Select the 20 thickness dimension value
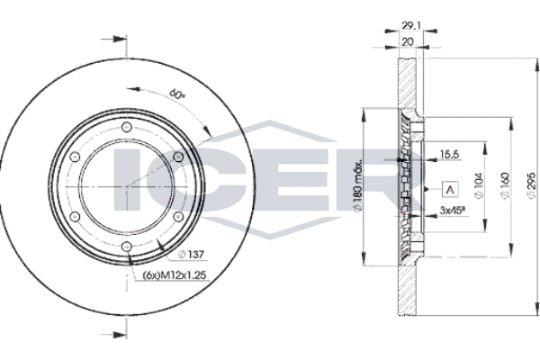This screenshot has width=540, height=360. [408, 42]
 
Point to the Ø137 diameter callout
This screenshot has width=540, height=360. [191, 255]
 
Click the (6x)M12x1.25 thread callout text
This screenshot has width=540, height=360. [175, 274]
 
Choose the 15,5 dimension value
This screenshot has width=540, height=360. [450, 155]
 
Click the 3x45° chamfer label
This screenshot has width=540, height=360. [454, 210]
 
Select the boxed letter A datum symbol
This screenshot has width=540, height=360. [450, 190]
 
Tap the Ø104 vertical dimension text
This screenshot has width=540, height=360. [479, 185]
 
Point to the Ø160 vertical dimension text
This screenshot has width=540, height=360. [505, 185]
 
